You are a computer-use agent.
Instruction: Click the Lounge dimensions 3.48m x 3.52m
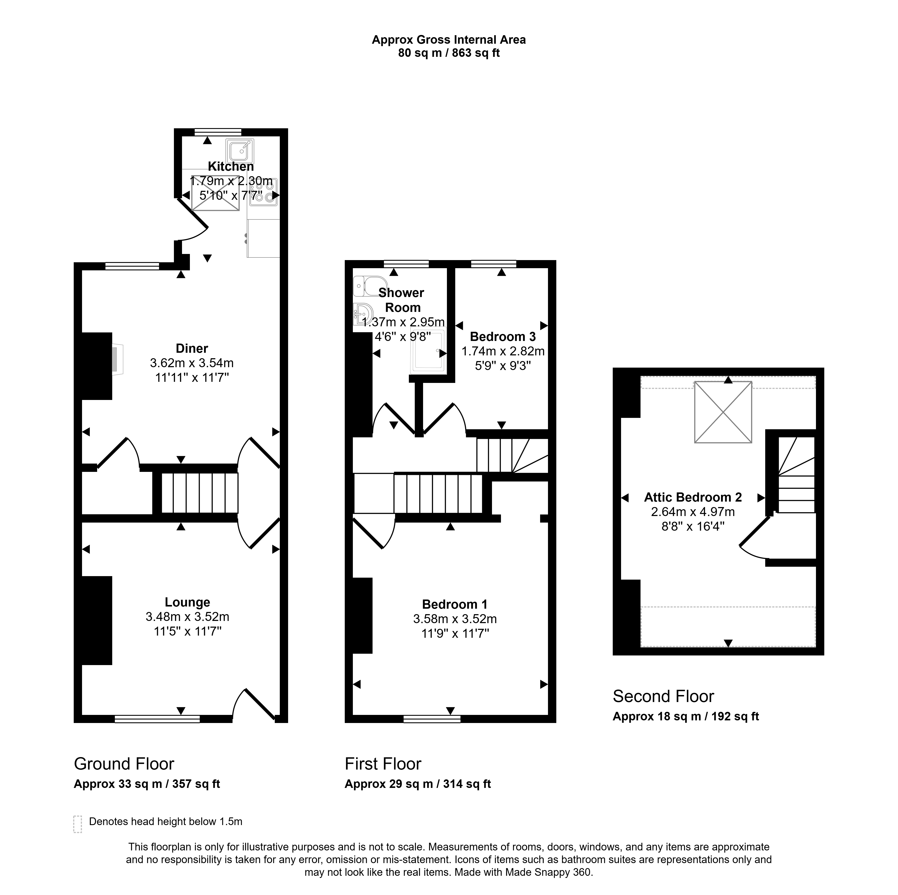click(x=187, y=617)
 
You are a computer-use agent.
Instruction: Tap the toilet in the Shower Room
click(x=370, y=286)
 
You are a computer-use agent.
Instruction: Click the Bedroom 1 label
click(x=455, y=604)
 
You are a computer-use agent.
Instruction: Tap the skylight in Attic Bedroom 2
click(x=723, y=412)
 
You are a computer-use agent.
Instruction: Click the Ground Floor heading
click(x=124, y=764)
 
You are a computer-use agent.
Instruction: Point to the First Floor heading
click(x=383, y=764)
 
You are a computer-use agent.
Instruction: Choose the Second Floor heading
click(x=663, y=696)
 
